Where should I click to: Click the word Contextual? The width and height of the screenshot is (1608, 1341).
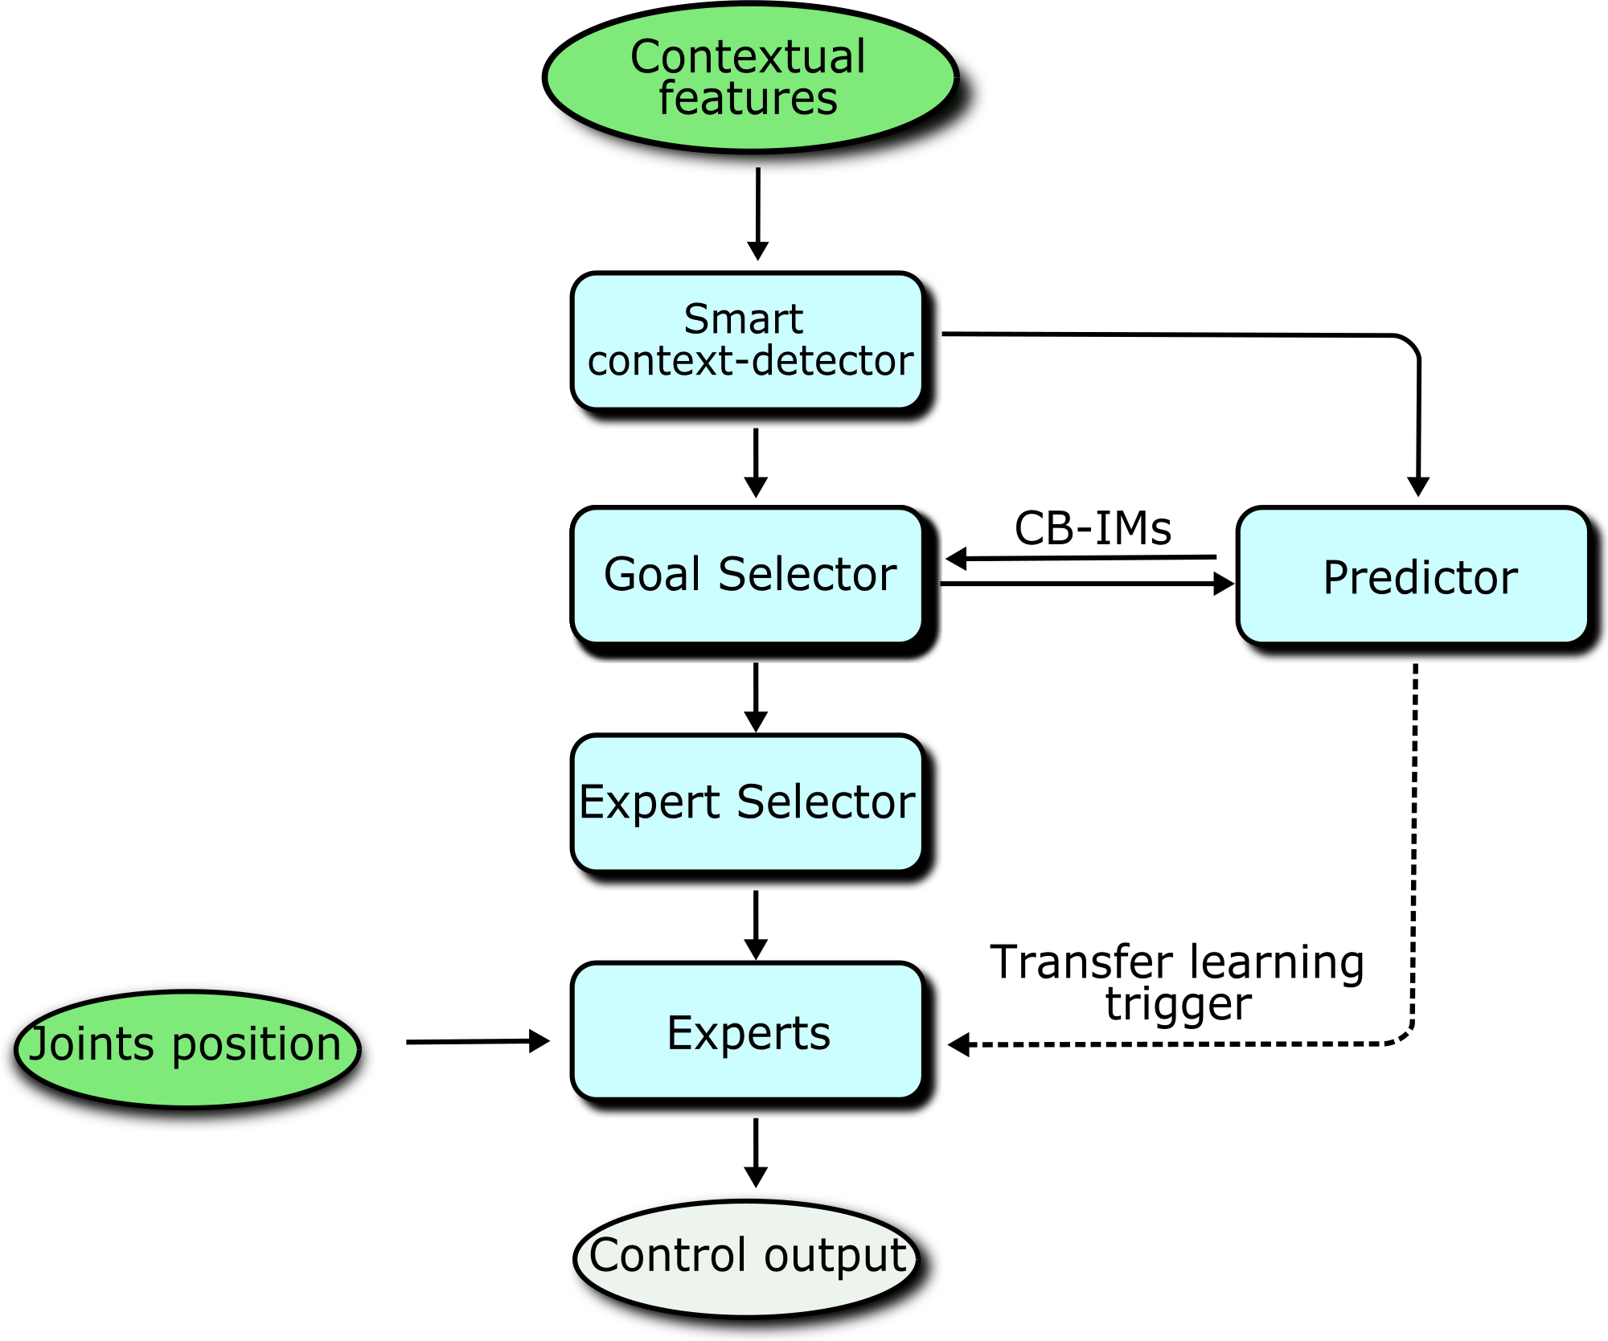pos(748,58)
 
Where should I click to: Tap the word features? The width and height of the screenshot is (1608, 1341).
pos(748,99)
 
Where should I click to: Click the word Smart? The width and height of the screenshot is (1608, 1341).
pos(743,320)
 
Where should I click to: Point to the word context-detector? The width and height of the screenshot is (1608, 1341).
pos(749,361)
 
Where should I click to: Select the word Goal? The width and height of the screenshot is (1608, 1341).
pos(652,575)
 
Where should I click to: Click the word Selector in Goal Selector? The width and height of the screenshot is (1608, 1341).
pos(806,575)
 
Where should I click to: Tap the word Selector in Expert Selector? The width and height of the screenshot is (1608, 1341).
pos(825,803)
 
